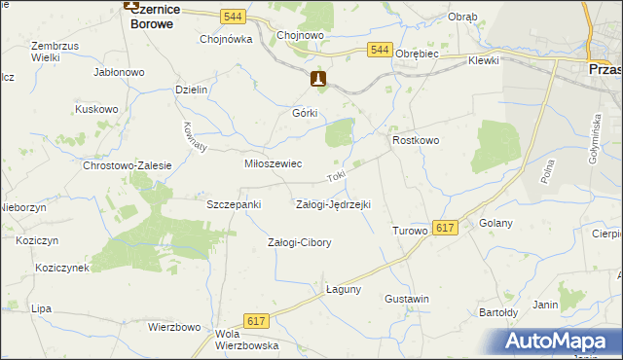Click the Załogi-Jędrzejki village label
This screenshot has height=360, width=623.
coord(333,204)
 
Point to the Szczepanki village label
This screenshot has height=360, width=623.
coord(234,204)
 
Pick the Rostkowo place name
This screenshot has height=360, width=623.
coord(416,141)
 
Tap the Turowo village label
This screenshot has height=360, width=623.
coord(410,231)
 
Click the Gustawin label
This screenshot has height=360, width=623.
coord(407,299)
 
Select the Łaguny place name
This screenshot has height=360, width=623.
coord(344,289)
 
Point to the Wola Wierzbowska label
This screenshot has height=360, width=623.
coord(247,339)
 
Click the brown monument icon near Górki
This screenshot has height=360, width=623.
coord(318,79)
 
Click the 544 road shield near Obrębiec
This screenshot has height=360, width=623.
coord(380,51)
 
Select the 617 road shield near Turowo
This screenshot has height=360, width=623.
coord(445,228)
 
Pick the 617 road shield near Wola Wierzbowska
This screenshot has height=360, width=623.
coord(257,321)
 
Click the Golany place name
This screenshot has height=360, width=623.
coord(496,224)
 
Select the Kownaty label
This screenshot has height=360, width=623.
coord(196,136)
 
